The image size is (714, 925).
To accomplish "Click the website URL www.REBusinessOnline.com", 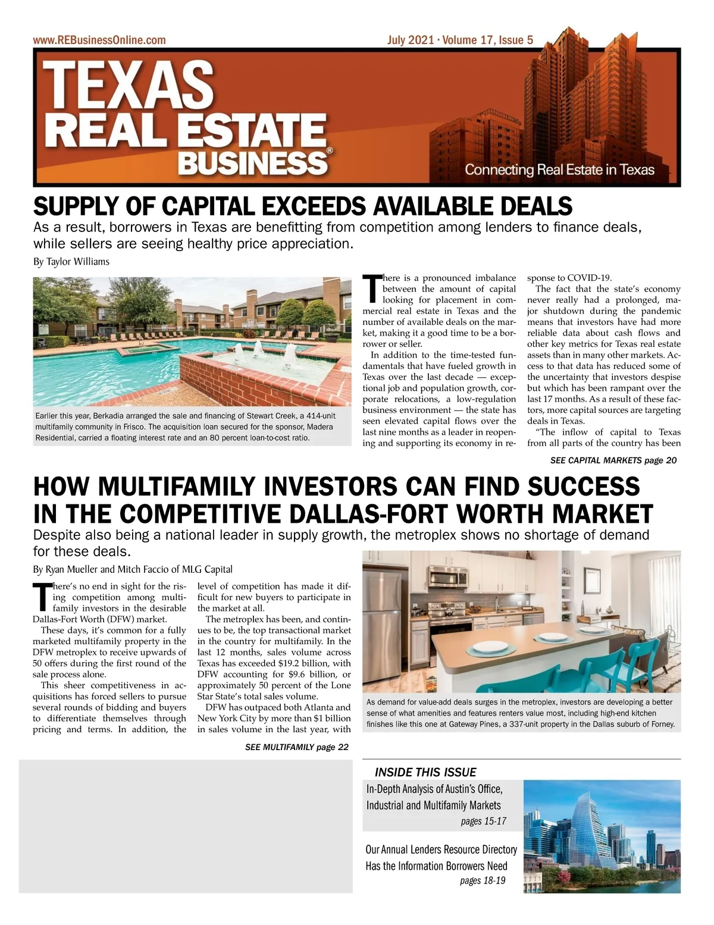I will (99, 40).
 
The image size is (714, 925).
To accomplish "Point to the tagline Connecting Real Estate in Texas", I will (559, 170).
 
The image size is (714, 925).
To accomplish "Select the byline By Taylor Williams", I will (71, 262).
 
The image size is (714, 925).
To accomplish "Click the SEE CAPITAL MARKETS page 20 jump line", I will (613, 460).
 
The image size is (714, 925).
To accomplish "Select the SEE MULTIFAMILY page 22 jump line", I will (296, 747).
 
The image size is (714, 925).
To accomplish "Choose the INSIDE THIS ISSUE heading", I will (425, 772).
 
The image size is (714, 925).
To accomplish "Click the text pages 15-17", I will (483, 821).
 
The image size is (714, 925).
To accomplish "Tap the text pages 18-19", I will (483, 880).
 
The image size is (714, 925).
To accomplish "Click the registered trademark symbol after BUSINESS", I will (330, 152).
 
